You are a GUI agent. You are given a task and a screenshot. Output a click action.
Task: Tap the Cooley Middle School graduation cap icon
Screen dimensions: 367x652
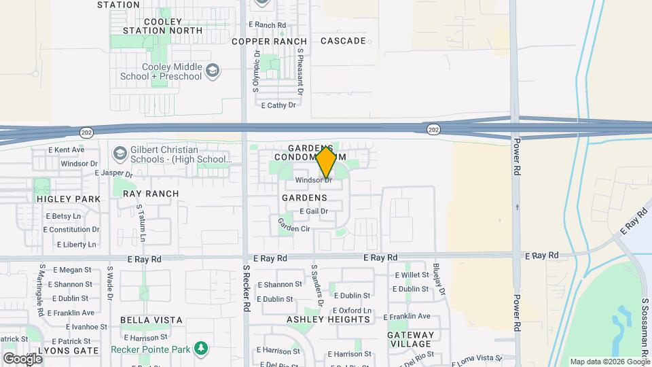213,71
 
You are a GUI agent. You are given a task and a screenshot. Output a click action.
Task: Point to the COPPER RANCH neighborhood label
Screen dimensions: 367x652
269,41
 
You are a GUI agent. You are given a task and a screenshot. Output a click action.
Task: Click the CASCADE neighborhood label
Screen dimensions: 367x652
343,41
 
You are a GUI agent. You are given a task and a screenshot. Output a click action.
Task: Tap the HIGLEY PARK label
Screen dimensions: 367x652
68,199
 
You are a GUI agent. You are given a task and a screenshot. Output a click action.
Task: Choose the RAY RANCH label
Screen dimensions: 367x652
151,194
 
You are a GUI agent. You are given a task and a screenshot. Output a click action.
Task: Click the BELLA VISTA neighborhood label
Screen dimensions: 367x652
151,319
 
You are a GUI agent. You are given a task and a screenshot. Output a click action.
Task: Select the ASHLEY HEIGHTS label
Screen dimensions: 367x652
328,319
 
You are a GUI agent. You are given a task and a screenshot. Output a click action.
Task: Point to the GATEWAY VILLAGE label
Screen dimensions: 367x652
410,340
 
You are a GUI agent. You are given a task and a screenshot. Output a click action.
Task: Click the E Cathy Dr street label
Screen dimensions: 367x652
278,105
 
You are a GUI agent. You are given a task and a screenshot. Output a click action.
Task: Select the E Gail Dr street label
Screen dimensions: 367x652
313,211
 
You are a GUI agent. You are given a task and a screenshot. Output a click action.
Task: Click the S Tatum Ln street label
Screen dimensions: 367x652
141,224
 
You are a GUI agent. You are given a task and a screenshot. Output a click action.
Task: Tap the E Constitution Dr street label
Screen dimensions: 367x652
71,230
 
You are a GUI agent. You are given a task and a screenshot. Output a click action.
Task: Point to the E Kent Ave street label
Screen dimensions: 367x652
66,150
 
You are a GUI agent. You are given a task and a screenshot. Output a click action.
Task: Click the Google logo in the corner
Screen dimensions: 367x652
22,358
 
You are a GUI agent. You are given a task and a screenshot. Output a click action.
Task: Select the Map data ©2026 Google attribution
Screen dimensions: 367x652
609,362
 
